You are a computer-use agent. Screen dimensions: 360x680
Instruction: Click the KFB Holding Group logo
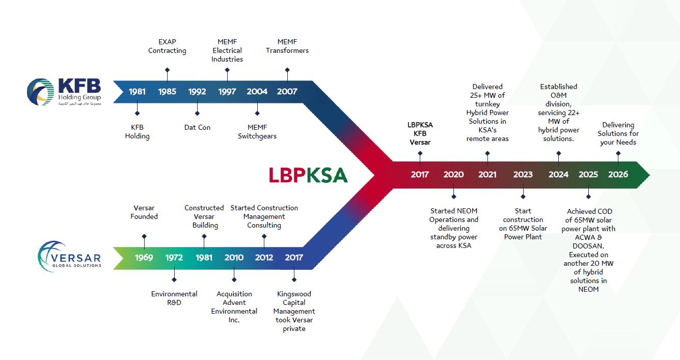[x=64, y=92]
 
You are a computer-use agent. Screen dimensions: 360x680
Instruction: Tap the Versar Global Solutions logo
[x=70, y=257]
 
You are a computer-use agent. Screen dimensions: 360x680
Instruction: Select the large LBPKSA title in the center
[x=308, y=175]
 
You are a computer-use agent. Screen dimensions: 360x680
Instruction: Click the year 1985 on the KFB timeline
[x=167, y=92]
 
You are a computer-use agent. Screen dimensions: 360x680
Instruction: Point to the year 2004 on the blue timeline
[x=257, y=92]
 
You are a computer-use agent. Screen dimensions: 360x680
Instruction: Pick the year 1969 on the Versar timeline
[x=144, y=258]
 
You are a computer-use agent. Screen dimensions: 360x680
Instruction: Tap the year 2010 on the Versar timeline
[x=234, y=258]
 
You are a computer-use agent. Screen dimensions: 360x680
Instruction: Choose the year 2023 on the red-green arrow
[x=523, y=175]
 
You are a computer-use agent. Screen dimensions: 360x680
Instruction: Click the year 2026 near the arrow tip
[x=618, y=175]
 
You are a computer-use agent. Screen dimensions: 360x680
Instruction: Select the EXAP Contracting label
[x=167, y=46]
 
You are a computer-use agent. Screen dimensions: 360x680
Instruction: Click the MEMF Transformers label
[x=287, y=46]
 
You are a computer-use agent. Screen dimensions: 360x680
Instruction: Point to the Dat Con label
[x=197, y=127]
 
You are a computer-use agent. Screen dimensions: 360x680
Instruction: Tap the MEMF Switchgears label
[x=257, y=132]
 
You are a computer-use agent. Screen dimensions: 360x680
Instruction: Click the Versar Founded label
[x=144, y=212]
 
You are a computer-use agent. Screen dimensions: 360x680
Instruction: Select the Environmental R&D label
[x=174, y=298]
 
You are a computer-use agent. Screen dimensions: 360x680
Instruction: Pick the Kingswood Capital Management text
[x=294, y=311]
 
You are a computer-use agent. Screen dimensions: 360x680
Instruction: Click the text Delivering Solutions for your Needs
[x=618, y=133]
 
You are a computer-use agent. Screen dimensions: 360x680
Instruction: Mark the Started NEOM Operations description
[x=454, y=228]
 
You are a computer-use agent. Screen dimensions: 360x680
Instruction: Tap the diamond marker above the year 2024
[x=559, y=153]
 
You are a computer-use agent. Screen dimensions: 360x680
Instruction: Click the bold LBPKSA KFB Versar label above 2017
[x=420, y=133]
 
